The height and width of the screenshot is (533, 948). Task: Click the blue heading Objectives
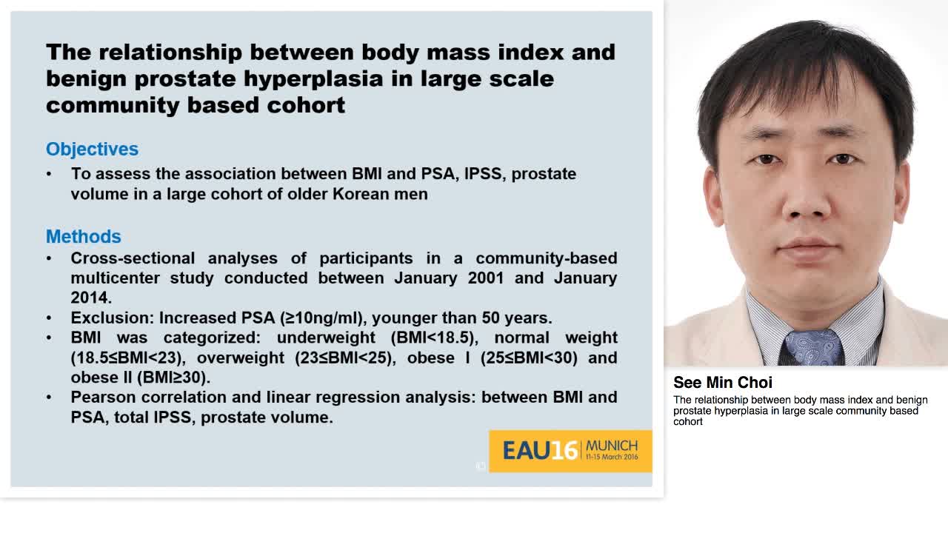pyautogui.click(x=92, y=149)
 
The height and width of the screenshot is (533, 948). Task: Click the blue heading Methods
pyautogui.click(x=83, y=236)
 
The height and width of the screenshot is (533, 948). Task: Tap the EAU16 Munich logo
pyautogui.click(x=570, y=450)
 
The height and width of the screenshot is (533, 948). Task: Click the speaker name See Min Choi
pyautogui.click(x=722, y=382)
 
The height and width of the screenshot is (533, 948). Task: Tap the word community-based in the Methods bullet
pyautogui.click(x=546, y=258)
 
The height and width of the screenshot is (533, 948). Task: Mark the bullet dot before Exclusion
pyautogui.click(x=49, y=318)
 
